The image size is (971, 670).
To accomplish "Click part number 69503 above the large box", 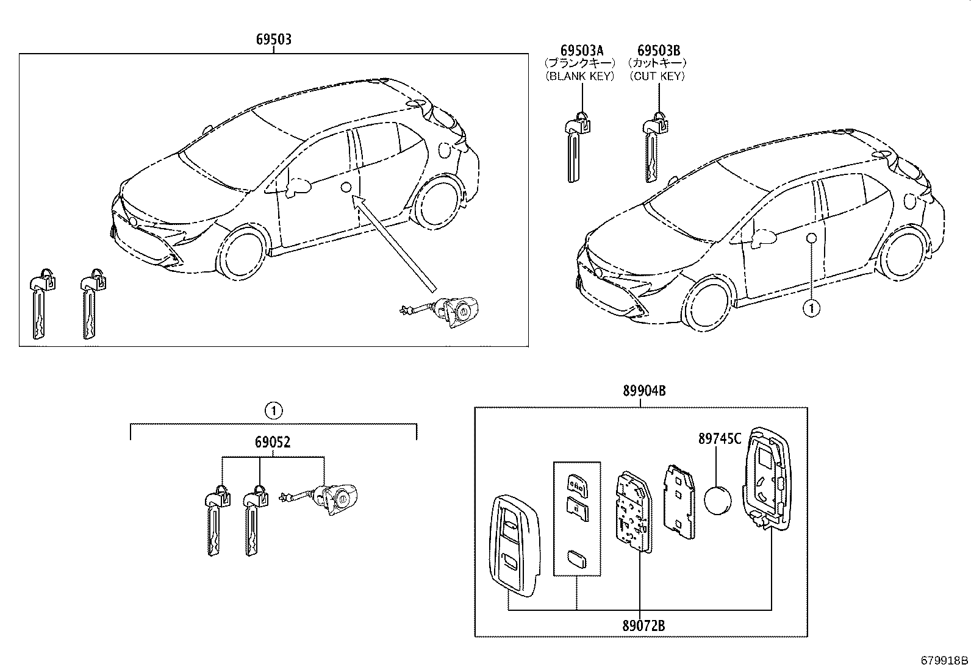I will pos(273,40).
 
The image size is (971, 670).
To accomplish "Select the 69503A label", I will pos(581,50).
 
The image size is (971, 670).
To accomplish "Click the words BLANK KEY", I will pos(580,76).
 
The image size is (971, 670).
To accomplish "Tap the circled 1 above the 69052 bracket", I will pos(274,411).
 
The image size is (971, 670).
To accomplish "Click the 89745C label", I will pos(720,438).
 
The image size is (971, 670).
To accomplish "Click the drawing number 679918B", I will pos(944,660).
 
